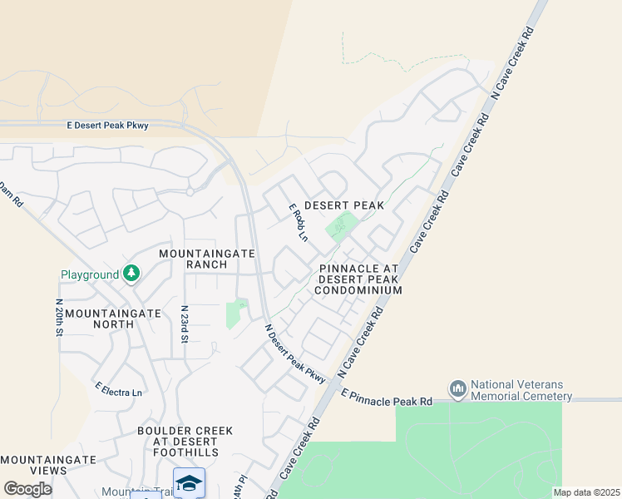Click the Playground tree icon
(131, 273)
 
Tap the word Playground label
(90, 274)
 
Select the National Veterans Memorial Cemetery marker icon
(457, 388)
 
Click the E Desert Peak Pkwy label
(107, 126)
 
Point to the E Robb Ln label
(298, 224)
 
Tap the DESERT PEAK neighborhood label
(343, 205)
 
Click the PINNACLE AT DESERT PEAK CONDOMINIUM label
(359, 279)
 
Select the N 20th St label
(59, 319)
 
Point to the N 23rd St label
(186, 324)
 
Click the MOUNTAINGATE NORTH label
(112, 319)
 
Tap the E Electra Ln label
(118, 388)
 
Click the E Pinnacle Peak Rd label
(387, 399)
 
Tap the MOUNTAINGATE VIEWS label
(48, 465)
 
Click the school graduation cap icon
(189, 482)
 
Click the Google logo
(27, 489)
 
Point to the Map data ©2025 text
(587, 492)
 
